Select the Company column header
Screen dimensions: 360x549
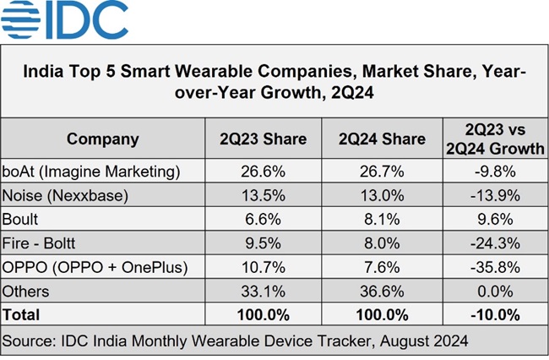point(103,139)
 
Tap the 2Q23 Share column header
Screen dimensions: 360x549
point(264,139)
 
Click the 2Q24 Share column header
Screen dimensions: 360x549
point(382,139)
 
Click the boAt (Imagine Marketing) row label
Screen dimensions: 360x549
point(92,171)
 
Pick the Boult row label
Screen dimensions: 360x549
point(23,219)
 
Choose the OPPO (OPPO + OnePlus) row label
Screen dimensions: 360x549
point(94,267)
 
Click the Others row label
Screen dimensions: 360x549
point(28,292)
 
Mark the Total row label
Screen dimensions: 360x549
point(23,315)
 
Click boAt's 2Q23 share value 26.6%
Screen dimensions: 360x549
point(264,171)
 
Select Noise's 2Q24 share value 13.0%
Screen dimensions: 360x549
point(382,195)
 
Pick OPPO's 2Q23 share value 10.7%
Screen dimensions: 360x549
point(264,267)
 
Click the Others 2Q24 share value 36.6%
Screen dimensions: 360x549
point(382,292)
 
